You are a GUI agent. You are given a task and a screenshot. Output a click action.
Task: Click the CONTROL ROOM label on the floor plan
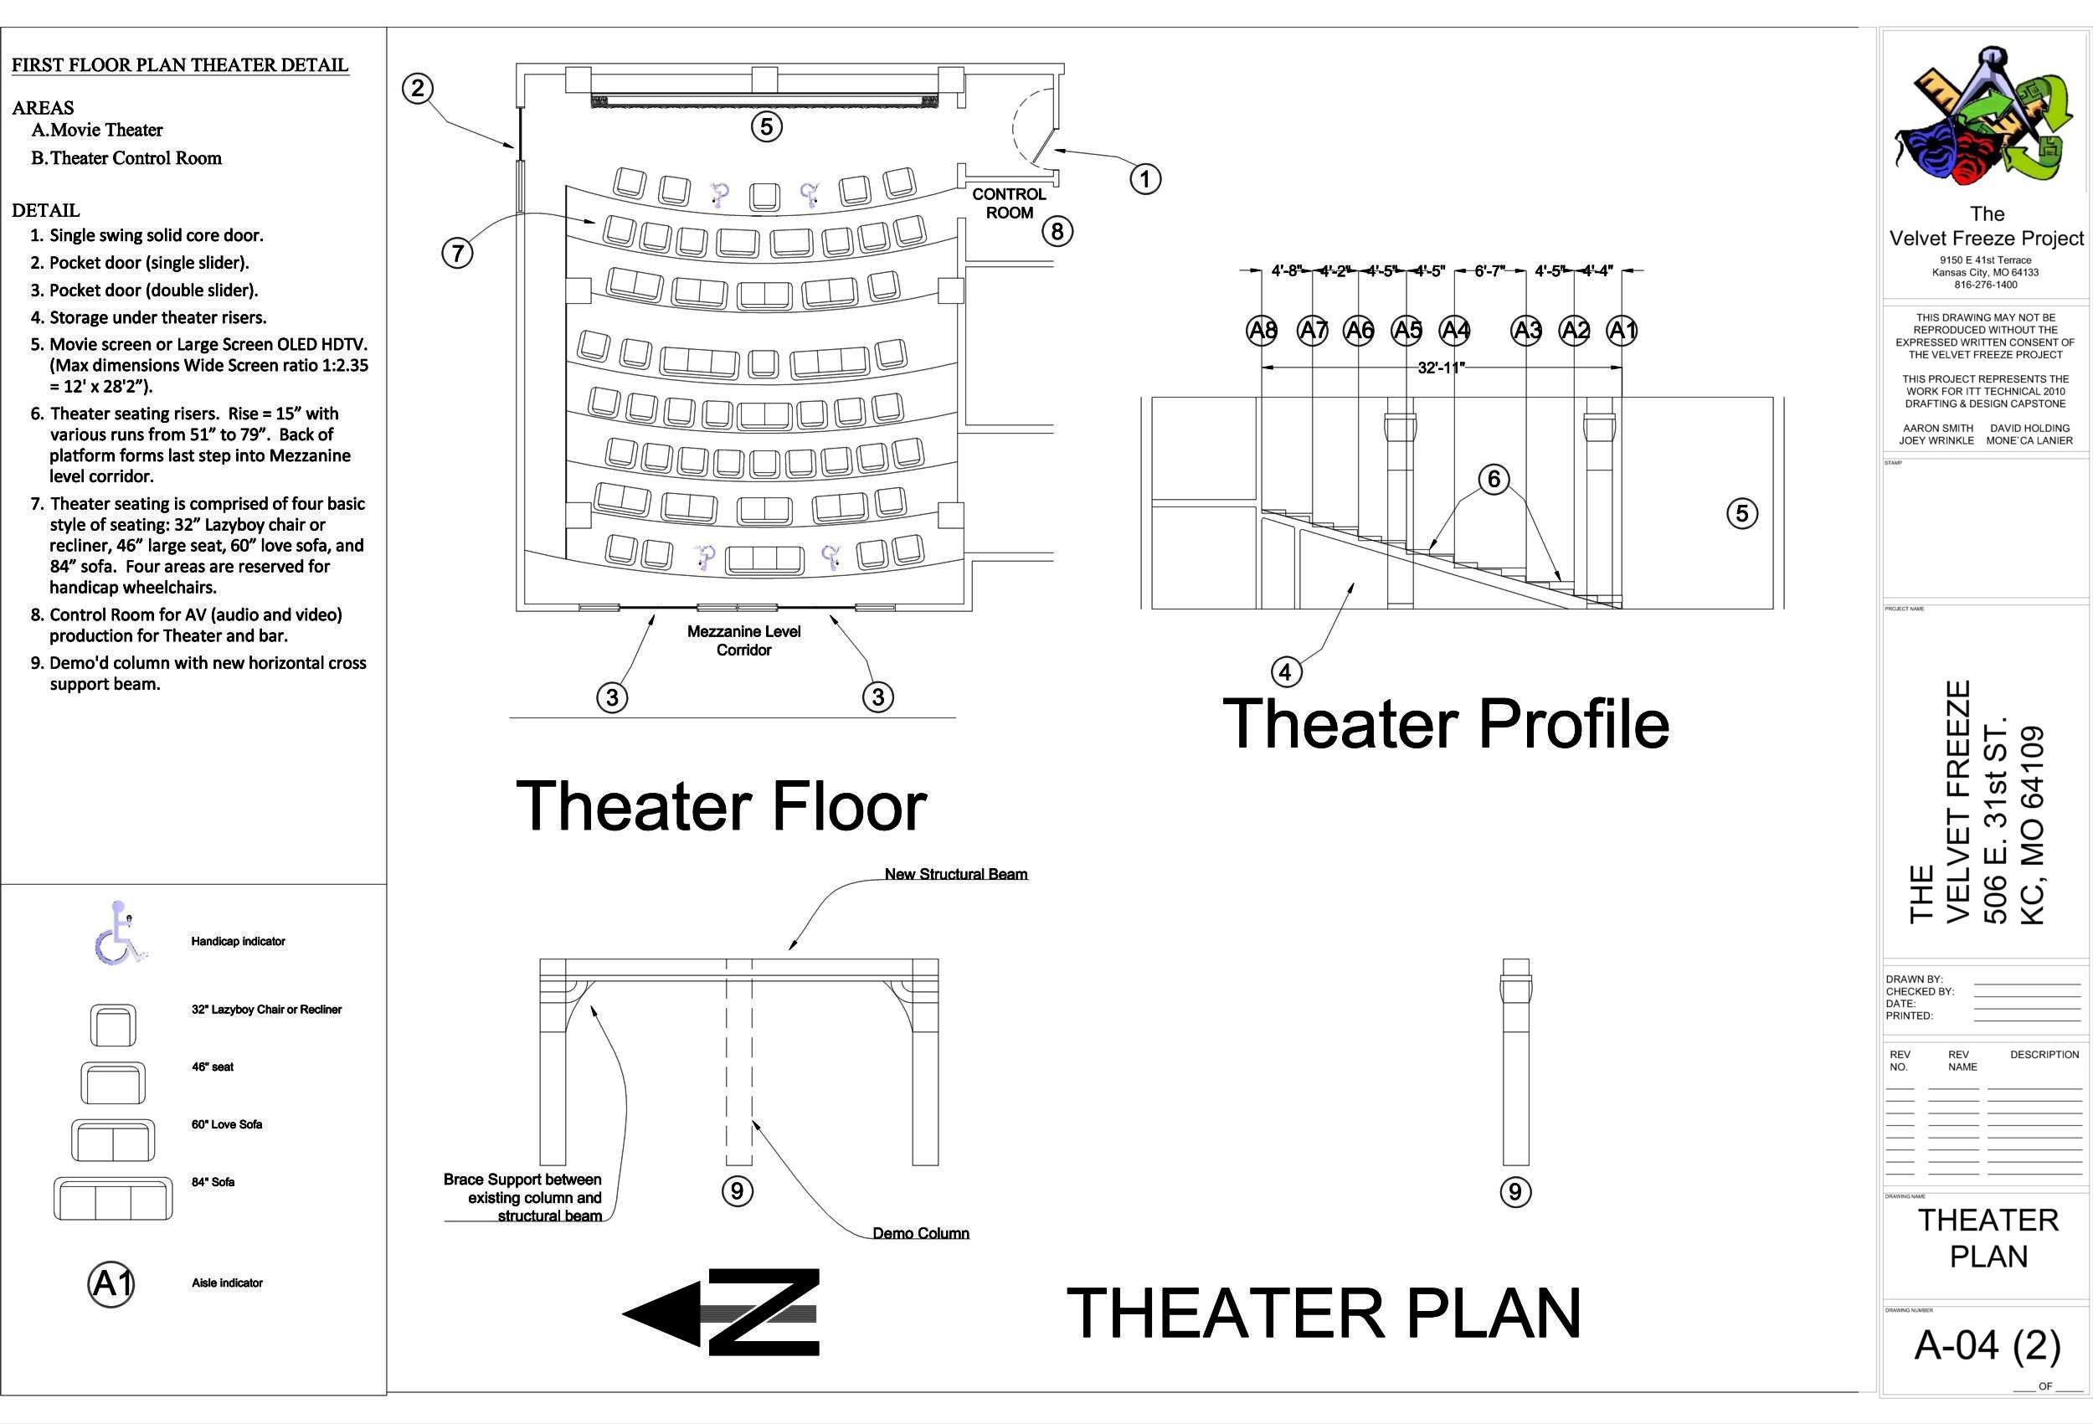[x=1009, y=203]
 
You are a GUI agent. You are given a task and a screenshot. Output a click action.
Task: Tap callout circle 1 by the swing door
[x=1144, y=178]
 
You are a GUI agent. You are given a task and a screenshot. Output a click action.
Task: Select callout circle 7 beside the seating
[x=457, y=253]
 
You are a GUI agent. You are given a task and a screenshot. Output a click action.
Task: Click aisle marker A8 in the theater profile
[x=1262, y=331]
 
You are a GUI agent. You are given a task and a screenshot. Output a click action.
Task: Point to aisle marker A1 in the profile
[x=1622, y=331]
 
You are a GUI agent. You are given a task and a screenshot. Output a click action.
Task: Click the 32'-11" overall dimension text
[x=1441, y=368]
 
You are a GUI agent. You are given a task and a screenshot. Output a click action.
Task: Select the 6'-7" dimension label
[x=1488, y=270]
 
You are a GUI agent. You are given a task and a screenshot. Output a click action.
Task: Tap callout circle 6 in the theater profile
[x=1494, y=478]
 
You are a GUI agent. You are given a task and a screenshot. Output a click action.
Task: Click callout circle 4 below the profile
[x=1285, y=671]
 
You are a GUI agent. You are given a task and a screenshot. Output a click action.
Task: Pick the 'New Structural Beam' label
[x=955, y=874]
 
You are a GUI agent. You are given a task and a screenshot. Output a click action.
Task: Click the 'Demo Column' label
[x=920, y=1233]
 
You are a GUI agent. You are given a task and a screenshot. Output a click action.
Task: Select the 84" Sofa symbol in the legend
[x=112, y=1199]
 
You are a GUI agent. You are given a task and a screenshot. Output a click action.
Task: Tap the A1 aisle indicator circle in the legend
[x=111, y=1283]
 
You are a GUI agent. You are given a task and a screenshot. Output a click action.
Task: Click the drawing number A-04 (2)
[x=1987, y=1345]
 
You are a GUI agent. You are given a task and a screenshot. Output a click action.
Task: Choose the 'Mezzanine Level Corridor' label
[x=744, y=640]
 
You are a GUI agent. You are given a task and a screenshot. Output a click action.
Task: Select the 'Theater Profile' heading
[x=1446, y=723]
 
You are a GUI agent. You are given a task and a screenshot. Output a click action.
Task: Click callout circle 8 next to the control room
[x=1057, y=232]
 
